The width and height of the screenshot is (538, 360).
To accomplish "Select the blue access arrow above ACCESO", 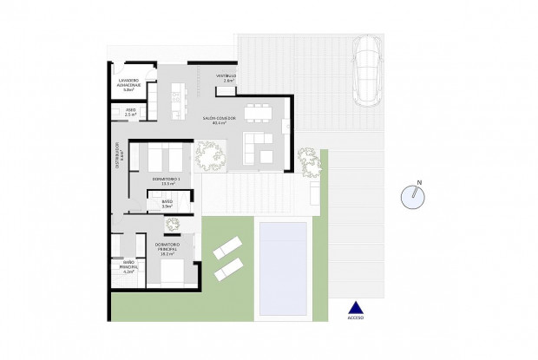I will pyautogui.click(x=354, y=305).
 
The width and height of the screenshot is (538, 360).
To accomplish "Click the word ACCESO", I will pyautogui.click(x=354, y=317).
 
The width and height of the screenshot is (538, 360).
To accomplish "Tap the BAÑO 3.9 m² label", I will pyautogui.click(x=167, y=205).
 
